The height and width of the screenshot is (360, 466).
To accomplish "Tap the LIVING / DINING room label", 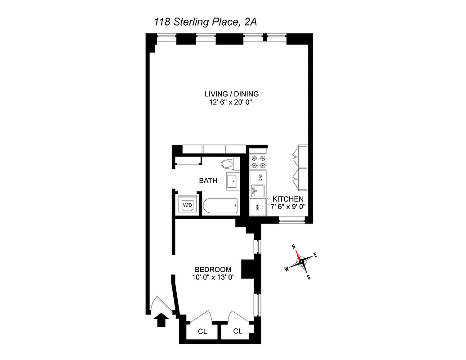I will point(232,94).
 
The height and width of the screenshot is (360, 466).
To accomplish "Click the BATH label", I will point(208,181).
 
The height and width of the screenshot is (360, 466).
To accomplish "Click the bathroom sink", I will point(233,181).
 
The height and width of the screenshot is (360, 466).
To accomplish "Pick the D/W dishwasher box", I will point(259,177).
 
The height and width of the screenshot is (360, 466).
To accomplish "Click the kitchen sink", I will point(257,191).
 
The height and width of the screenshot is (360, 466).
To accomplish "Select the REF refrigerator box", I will point(258,207).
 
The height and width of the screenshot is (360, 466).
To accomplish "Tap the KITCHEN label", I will point(288,199).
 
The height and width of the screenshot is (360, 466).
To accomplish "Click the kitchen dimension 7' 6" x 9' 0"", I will point(288,207).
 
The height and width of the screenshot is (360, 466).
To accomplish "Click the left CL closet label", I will point(202,332).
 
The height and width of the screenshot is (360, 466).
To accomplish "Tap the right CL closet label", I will point(237,331).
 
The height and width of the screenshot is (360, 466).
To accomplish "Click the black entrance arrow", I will point(160,321).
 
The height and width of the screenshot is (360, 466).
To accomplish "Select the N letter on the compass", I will point(294,246).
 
